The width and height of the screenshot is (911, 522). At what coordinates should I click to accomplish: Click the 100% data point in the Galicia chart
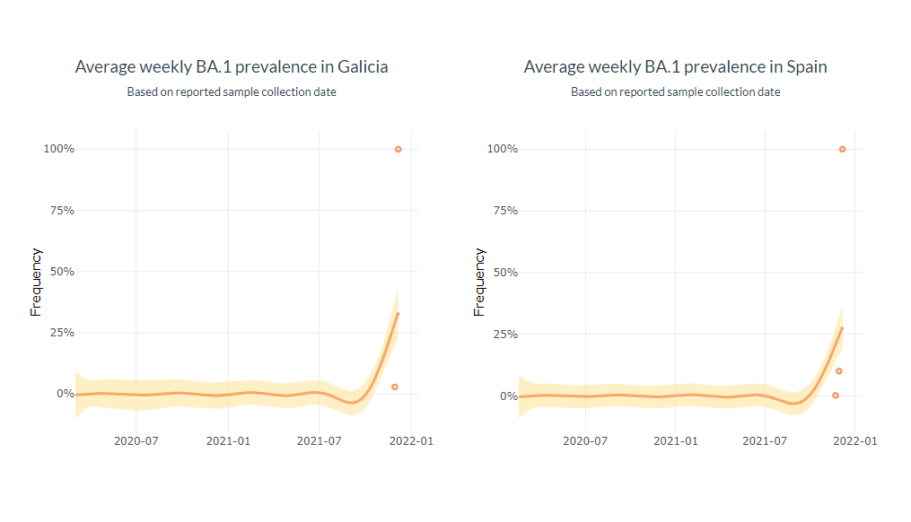[x=398, y=149]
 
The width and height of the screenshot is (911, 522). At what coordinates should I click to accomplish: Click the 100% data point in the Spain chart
[x=842, y=149]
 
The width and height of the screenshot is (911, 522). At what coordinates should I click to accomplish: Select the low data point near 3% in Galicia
[x=394, y=387]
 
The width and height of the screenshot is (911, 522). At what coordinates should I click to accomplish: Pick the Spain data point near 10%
[x=838, y=371]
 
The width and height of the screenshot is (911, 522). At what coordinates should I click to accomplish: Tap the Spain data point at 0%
[x=835, y=396]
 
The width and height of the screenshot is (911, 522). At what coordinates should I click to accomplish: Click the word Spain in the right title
[x=807, y=67]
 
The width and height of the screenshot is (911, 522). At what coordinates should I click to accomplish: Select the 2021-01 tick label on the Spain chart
[x=675, y=441]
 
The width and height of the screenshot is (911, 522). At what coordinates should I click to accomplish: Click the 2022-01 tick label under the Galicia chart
[x=410, y=441]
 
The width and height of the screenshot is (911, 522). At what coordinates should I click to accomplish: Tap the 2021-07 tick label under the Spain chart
[x=765, y=441]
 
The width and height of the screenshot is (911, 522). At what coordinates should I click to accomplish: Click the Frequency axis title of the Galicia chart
[x=37, y=282]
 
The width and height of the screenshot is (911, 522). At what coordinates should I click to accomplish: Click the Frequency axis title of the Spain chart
[x=479, y=282]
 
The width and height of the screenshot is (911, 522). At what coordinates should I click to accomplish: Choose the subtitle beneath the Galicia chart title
[x=232, y=92]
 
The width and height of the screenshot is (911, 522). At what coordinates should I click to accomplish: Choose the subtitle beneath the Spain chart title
[x=676, y=92]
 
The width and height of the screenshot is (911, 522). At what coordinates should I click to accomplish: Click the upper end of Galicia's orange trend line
[x=398, y=313]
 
